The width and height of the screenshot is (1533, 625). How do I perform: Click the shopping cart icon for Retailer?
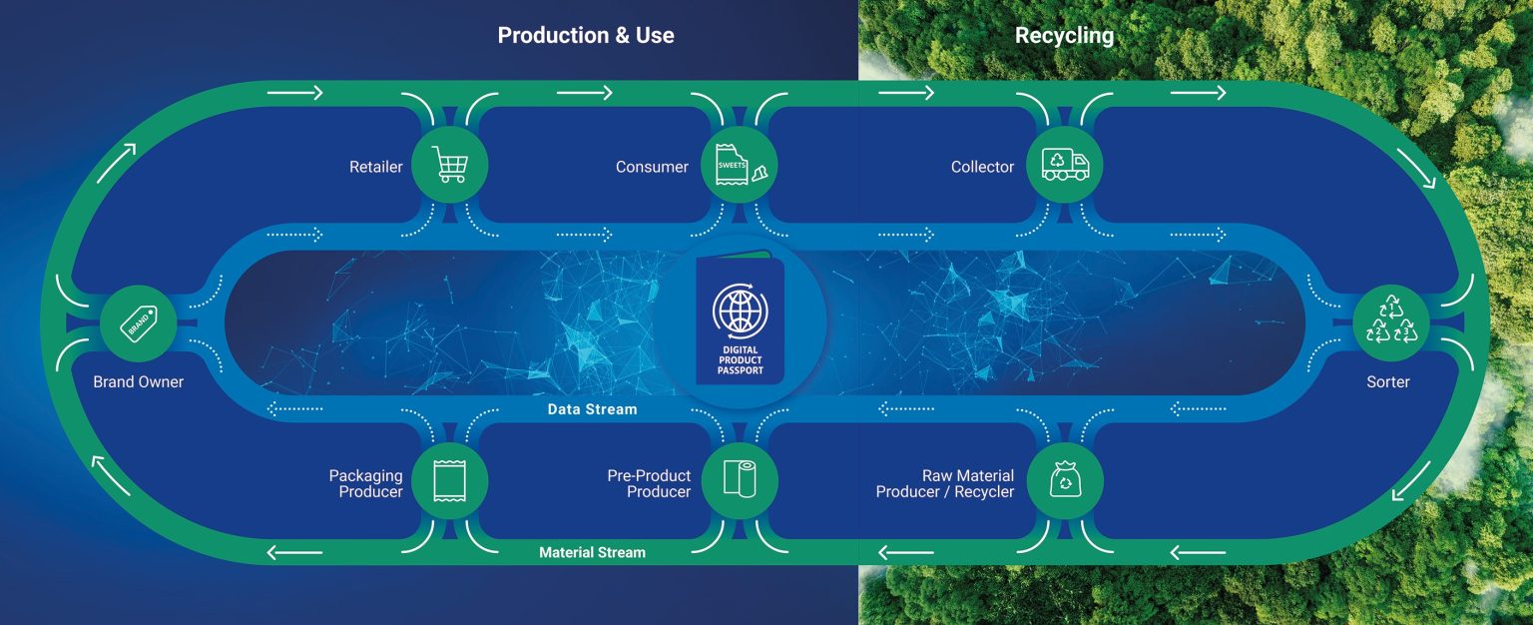tap(449, 165)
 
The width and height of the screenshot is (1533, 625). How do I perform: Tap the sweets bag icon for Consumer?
tap(740, 165)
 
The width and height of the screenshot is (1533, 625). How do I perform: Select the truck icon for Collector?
tap(1064, 165)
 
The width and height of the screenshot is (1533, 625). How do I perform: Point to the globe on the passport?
tap(740, 311)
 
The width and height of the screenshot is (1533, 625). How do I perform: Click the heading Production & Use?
tap(586, 36)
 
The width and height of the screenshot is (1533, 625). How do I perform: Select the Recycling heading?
tap(1064, 36)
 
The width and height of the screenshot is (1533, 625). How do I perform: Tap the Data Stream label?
tap(592, 409)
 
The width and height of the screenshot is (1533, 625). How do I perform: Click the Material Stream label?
tap(592, 552)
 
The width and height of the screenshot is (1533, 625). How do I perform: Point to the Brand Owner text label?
tap(139, 382)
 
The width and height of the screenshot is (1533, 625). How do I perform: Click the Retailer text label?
tap(375, 167)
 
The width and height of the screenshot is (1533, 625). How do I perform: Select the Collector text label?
tap(982, 167)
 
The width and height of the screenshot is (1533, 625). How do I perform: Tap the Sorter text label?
tap(1388, 382)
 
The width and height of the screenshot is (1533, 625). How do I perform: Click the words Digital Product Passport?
tap(740, 359)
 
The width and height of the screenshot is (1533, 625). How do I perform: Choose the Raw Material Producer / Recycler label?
tap(944, 483)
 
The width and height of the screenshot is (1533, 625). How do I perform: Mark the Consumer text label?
tap(652, 167)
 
